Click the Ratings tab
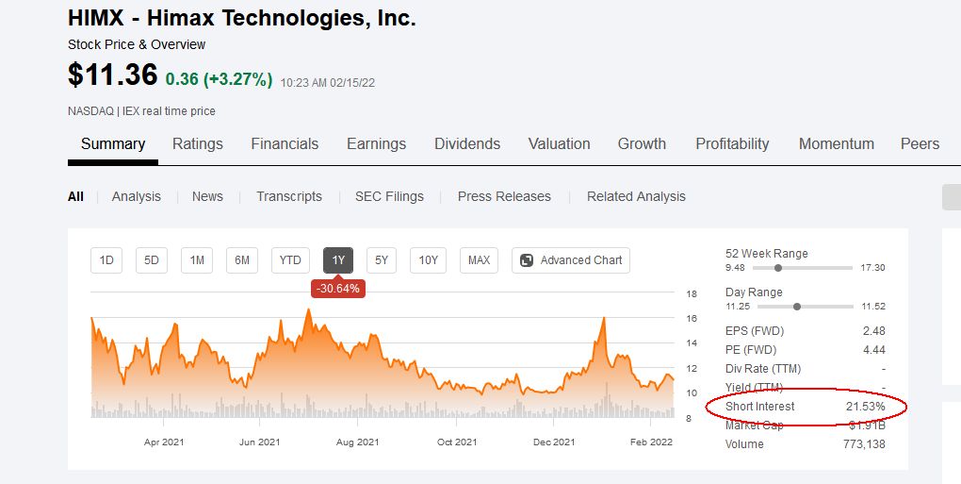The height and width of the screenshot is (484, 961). [198, 144]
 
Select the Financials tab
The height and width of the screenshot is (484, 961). [285, 144]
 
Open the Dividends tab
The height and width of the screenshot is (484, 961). [467, 144]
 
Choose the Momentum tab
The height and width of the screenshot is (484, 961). [837, 144]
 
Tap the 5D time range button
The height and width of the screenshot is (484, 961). [152, 260]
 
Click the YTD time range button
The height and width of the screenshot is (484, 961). [290, 260]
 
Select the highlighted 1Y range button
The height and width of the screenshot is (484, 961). [338, 260]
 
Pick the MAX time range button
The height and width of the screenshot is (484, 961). [479, 260]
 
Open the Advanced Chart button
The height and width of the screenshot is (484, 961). [571, 260]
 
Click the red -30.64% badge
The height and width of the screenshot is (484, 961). [338, 289]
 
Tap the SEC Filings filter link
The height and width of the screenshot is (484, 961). [389, 197]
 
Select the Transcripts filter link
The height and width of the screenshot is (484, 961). [289, 197]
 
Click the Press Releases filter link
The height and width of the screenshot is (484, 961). [504, 197]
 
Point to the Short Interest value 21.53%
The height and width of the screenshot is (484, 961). [865, 407]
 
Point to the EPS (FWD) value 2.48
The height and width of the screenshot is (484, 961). [873, 331]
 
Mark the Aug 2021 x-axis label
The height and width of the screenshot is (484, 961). [357, 442]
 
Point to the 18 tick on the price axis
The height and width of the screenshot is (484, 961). [691, 294]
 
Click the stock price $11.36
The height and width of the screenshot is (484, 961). [112, 75]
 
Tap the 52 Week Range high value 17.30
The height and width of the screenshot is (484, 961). [872, 268]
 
